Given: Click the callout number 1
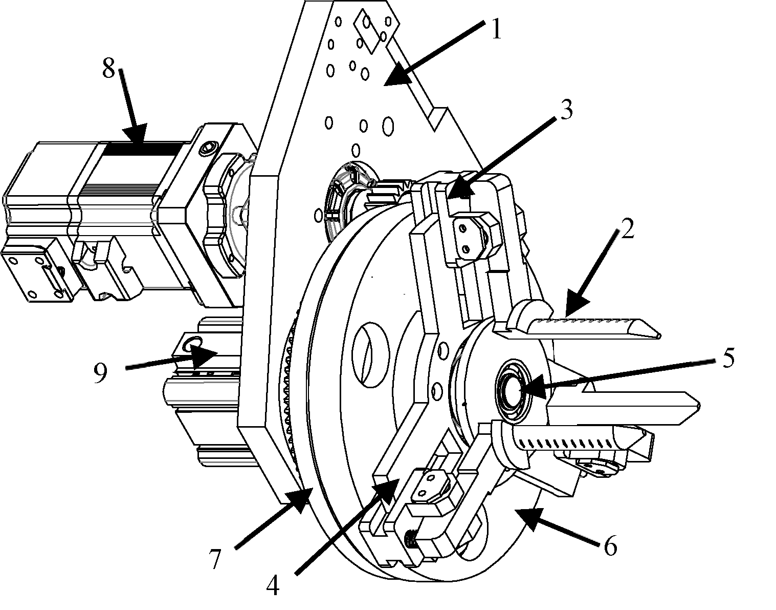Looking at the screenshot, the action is click(496, 29).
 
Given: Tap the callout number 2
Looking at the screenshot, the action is click(627, 229).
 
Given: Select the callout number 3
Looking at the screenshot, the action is click(565, 109).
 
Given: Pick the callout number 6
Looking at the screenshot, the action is click(610, 546).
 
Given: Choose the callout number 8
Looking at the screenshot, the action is click(109, 68).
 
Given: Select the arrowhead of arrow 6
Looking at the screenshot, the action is click(525, 518).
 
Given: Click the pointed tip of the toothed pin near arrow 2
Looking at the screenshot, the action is click(659, 335).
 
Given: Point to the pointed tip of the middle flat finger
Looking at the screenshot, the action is click(698, 405).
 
